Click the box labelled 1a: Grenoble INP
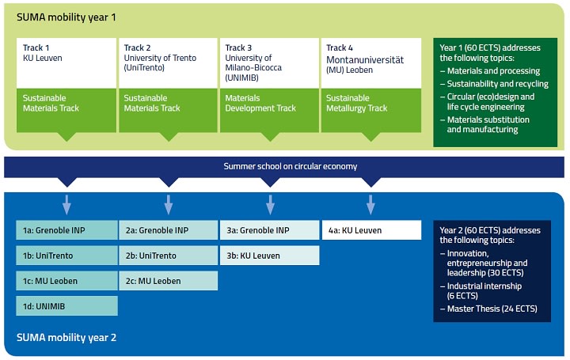66,230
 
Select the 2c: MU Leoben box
169,281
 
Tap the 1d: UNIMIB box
66,306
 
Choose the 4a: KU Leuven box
371,230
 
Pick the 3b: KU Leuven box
270,256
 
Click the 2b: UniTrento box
169,256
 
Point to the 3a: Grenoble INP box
270,230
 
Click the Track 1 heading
36,47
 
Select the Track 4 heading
340,47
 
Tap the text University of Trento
160,58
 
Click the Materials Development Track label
260,103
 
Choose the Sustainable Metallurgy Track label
356,103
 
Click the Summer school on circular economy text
291,166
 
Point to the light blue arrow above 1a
66,205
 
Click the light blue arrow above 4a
370,205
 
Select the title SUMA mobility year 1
66,17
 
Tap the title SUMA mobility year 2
66,338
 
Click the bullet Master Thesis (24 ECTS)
488,309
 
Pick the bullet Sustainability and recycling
494,84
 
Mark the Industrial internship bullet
481,291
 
